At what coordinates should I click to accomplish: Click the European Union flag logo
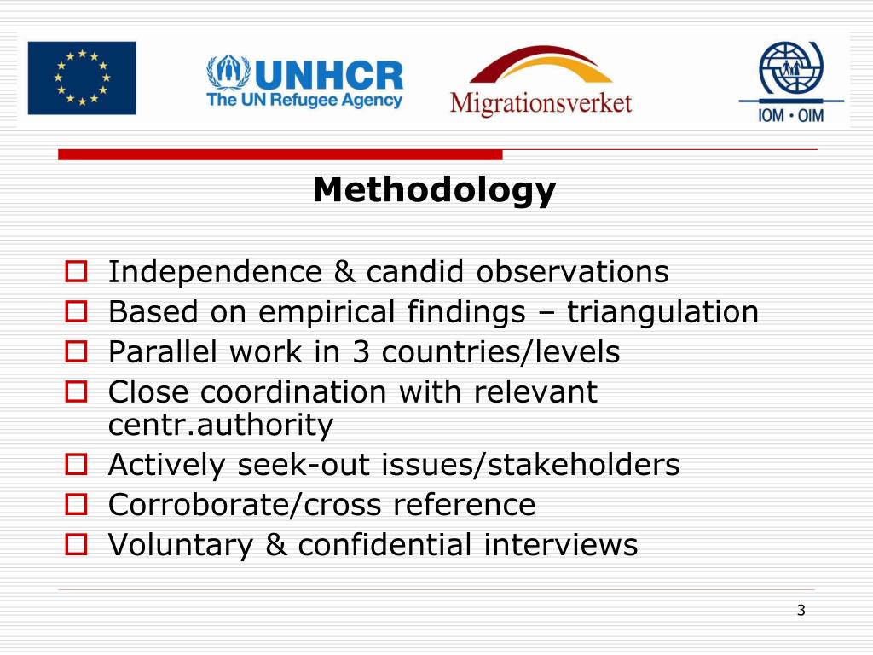point(81,78)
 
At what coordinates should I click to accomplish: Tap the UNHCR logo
point(304,82)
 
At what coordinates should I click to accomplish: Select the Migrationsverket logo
point(541,82)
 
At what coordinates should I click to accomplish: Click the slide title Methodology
point(434,190)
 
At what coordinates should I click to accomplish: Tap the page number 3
point(801,610)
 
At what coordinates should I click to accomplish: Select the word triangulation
point(662,313)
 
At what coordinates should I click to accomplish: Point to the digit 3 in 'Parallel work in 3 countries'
point(360,352)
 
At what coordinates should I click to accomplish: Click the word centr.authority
point(221,425)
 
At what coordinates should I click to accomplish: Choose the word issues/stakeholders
point(530,465)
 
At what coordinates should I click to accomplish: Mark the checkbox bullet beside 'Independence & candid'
point(76,273)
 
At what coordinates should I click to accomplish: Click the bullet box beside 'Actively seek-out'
point(76,466)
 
